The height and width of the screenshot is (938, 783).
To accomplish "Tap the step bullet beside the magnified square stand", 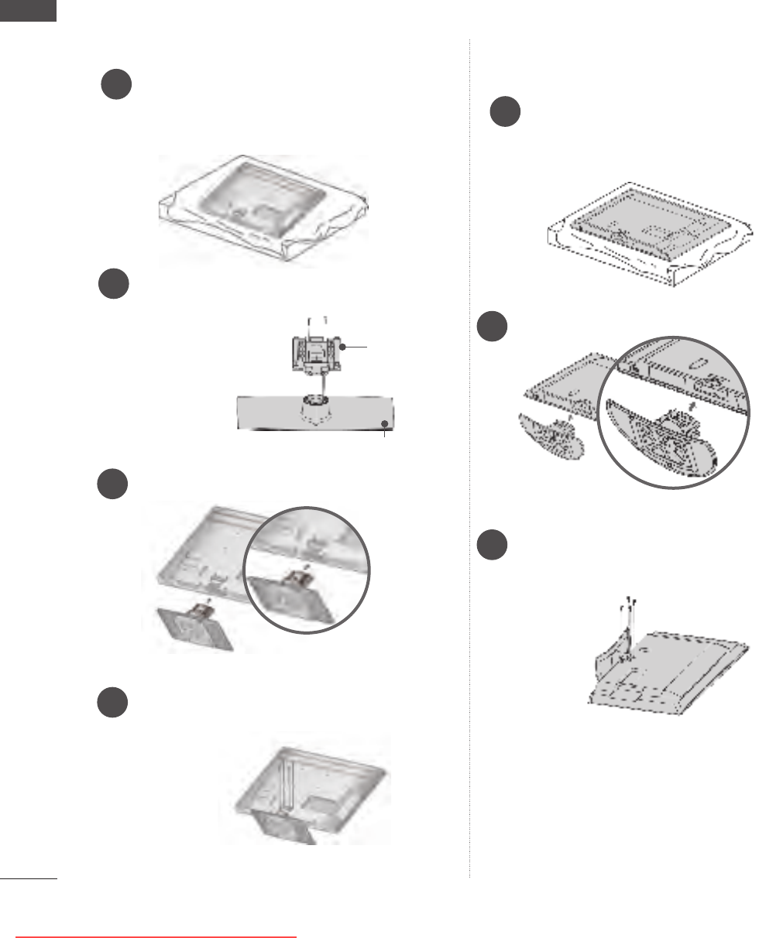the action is point(113,483).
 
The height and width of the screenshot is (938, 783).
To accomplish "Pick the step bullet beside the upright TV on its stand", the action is point(113,702).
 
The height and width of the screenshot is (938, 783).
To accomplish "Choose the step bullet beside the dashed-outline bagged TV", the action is point(505,112).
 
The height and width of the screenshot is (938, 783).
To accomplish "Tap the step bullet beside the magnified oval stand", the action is point(492,327).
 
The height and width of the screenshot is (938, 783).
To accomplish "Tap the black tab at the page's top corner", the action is point(29,10).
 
